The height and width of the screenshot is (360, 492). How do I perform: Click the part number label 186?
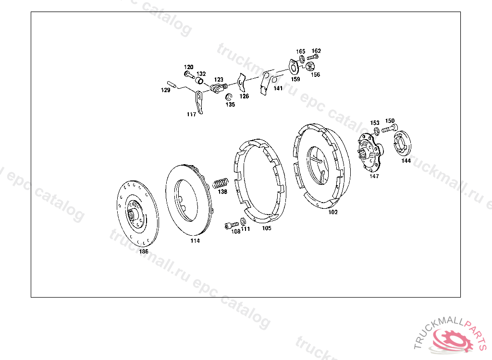[x=144, y=252]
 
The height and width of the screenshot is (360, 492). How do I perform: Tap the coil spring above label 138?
[x=221, y=183]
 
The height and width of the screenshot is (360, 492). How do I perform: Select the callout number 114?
[x=195, y=241]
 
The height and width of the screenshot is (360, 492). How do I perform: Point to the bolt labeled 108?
[x=232, y=225]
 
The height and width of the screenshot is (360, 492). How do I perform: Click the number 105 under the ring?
[x=267, y=228]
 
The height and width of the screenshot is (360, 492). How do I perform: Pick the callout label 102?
[x=333, y=212]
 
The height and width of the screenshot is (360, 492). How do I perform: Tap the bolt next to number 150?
[x=389, y=128]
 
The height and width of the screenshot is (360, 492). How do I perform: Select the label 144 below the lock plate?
[x=406, y=160]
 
